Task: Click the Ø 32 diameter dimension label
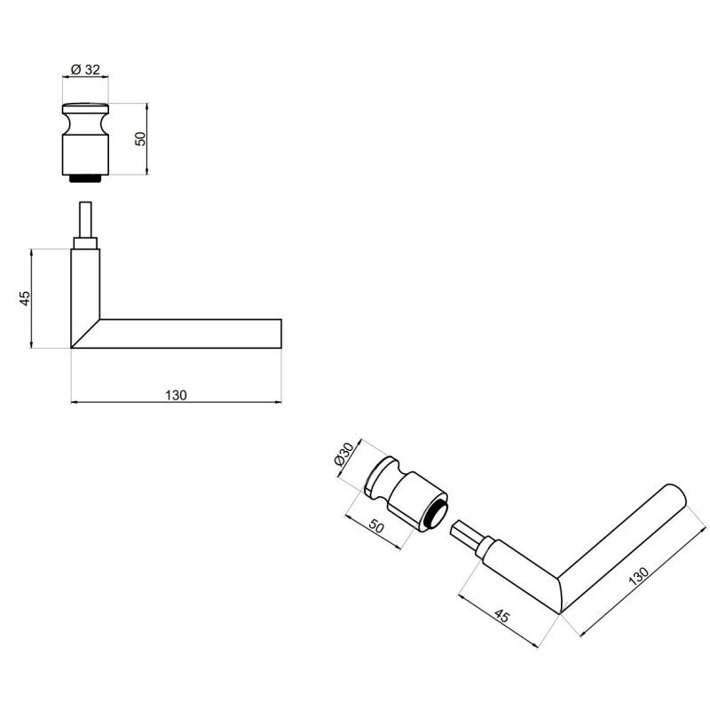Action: point(85,69)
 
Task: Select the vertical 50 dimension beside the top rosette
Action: point(141,138)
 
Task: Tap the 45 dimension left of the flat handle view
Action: point(25,298)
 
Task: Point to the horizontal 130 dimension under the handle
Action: point(176,395)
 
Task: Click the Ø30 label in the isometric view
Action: point(343,454)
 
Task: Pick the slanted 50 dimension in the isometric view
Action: point(376,526)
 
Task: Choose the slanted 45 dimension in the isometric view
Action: point(501,616)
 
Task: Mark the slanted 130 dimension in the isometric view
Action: point(639,576)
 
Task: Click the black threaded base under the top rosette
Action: point(85,178)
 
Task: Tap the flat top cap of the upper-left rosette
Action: point(85,108)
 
